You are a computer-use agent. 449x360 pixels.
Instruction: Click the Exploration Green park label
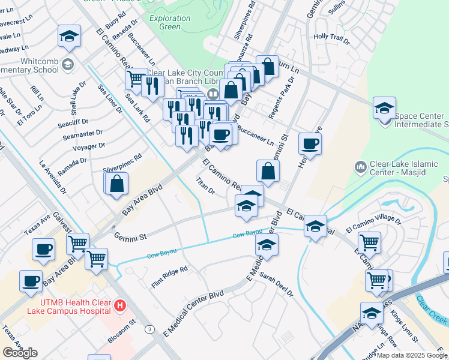[x=170, y=22]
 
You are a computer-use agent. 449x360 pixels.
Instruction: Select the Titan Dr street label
[x=205, y=185]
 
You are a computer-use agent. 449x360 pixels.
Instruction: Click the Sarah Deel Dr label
[x=277, y=284]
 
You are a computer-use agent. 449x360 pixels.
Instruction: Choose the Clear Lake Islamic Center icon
[x=361, y=166]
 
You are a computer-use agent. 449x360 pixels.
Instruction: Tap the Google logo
[x=20, y=353]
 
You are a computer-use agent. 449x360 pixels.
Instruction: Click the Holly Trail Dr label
[x=331, y=40]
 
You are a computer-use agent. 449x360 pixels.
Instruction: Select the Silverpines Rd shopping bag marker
[x=117, y=183]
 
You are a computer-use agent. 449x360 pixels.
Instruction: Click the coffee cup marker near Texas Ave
[x=43, y=250]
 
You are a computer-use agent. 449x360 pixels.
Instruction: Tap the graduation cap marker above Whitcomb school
[x=69, y=36]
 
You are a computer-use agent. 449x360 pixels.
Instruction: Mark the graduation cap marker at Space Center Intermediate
[x=384, y=109]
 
